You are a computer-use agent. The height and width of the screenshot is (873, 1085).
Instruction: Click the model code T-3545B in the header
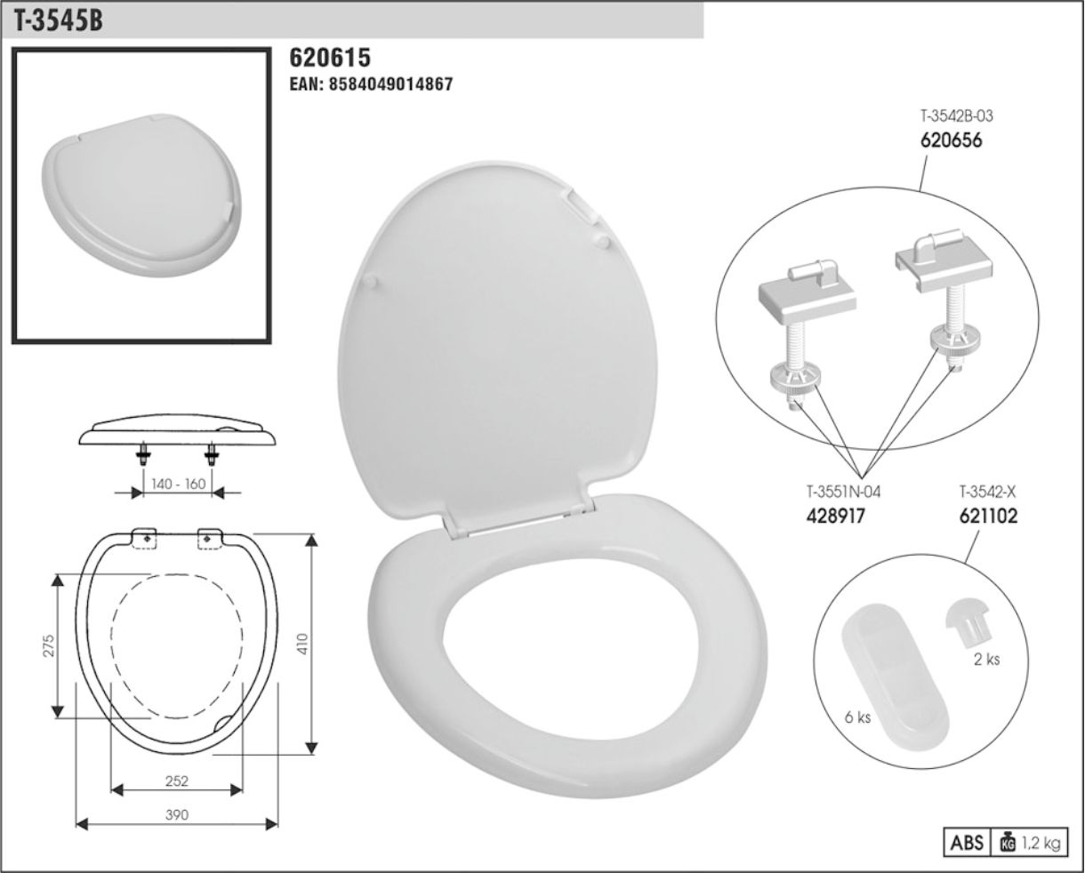click(58, 21)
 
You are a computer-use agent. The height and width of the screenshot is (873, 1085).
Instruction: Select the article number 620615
click(330, 58)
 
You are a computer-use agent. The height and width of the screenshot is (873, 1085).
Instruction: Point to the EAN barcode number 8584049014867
click(390, 84)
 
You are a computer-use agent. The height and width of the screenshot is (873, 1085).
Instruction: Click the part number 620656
click(952, 140)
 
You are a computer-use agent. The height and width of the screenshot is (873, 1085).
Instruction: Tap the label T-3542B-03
click(956, 116)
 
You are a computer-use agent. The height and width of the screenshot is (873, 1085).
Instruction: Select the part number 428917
click(835, 516)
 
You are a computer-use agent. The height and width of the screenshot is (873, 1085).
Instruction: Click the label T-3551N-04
click(843, 492)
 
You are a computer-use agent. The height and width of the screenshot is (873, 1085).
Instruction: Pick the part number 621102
click(988, 516)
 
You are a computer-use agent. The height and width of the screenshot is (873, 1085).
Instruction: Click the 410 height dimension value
click(302, 644)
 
